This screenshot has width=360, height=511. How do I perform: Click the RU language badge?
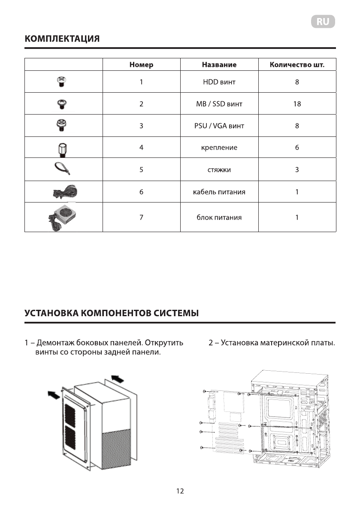pos(323,22)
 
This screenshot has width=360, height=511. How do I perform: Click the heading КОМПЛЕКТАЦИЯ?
pos(62,39)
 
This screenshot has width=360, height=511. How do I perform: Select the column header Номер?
pos(141,65)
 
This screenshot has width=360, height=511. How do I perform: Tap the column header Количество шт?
pos(297,65)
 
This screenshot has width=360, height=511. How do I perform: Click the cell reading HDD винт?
pos(219,82)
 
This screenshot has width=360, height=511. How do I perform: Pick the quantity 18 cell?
pos(297,104)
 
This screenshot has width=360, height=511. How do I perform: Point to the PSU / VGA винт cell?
pos(219,126)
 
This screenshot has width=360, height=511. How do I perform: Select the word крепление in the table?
pos(219,148)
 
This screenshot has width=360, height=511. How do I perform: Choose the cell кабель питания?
pos(219,192)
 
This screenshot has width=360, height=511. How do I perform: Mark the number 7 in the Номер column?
pos(141,218)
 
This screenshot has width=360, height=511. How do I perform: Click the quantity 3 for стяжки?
pos(297,169)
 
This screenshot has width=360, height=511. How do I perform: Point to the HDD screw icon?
pos(62,82)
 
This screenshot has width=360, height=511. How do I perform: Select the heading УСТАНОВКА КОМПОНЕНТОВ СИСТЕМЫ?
pos(112,313)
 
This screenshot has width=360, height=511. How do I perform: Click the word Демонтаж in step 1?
pos(54,343)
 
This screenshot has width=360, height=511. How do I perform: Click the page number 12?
pos(180,491)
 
